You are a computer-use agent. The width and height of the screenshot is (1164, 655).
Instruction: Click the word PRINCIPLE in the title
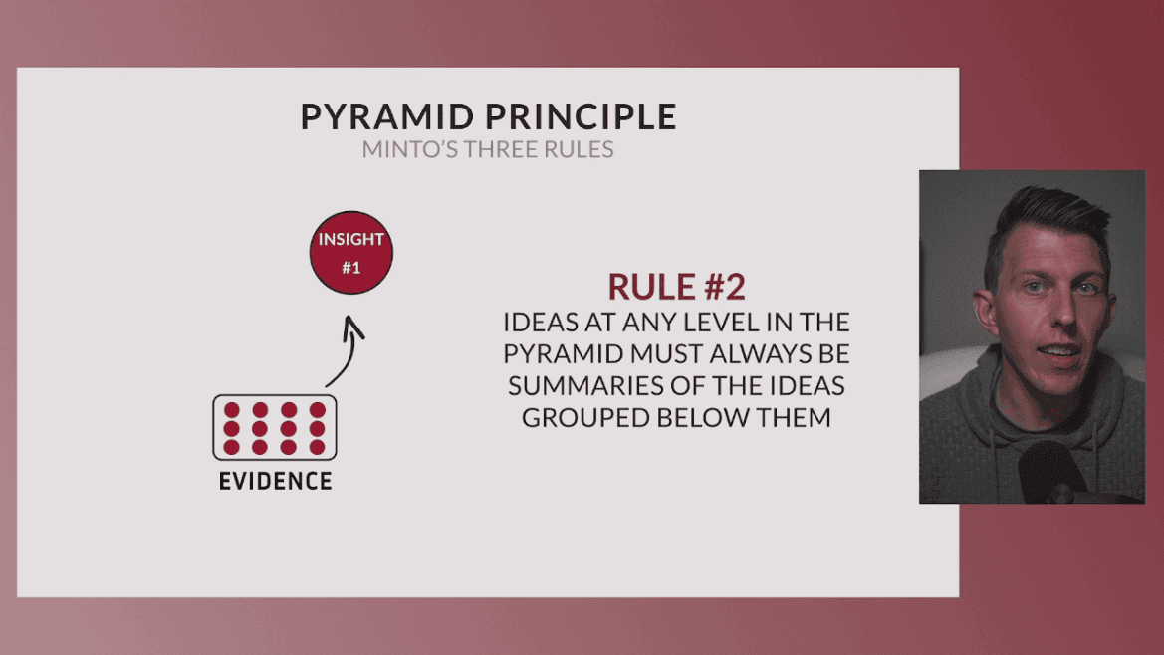point(581,117)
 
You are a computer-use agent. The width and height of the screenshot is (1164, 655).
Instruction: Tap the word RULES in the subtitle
point(581,150)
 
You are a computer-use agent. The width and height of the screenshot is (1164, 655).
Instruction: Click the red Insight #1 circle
point(349,254)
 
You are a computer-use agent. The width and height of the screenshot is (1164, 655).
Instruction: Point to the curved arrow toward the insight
point(348,353)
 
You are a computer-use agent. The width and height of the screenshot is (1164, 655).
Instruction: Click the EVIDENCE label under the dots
point(275,482)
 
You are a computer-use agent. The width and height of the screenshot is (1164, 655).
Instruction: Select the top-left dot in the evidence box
point(232,410)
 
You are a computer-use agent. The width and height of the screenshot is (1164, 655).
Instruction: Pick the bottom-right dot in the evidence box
point(318,447)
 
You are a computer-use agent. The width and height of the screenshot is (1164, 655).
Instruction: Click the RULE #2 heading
point(676,287)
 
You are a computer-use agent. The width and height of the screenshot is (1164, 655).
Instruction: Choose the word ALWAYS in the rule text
point(760,354)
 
